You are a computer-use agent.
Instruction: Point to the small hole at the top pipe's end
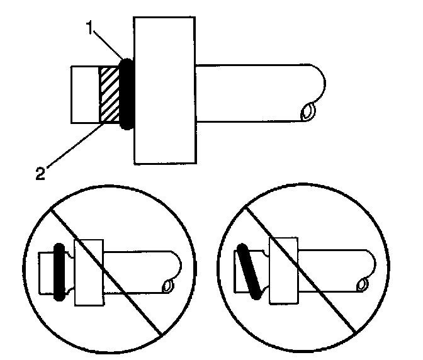tap(309, 112)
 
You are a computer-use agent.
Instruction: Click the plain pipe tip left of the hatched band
tap(85, 94)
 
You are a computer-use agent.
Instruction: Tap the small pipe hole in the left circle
tap(168, 287)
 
